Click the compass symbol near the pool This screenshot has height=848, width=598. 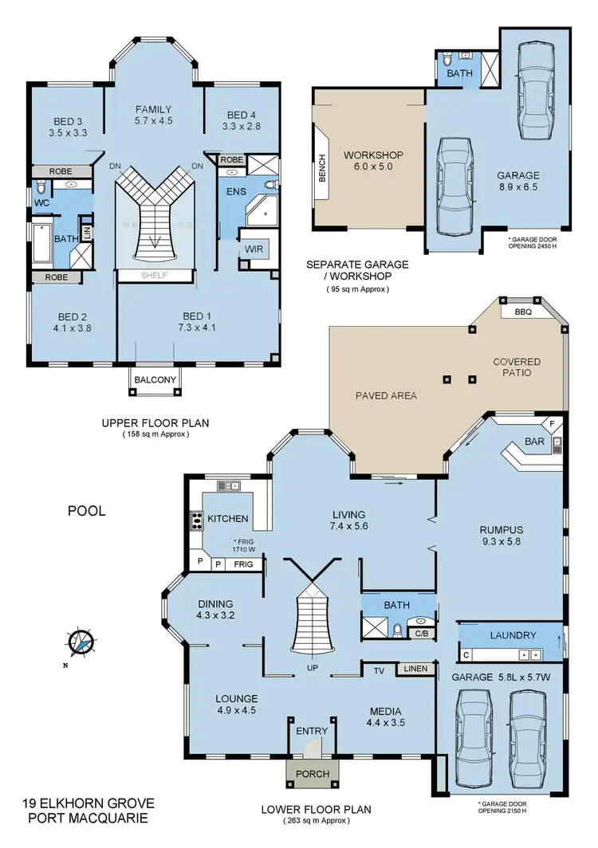pos(80,642)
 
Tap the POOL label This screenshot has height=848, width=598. pos(87,511)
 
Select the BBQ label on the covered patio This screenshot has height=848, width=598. pos(523,312)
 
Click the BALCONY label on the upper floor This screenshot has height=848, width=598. pos(155,380)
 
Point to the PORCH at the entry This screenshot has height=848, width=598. pos(313,773)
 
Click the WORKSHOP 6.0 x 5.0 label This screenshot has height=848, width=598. pos(373,161)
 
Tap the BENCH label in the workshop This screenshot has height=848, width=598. pos(323,167)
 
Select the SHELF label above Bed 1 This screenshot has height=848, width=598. pos(155,276)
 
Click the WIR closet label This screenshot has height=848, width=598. pos(254,249)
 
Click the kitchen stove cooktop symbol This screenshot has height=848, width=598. pos(195,521)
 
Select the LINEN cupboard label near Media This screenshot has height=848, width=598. pos(415,669)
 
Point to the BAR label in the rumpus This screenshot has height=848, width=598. pos(534,440)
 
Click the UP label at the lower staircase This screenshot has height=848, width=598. pos(313,668)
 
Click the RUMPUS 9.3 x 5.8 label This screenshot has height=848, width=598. pos(501,535)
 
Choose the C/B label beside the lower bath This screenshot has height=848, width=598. pos(421,634)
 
